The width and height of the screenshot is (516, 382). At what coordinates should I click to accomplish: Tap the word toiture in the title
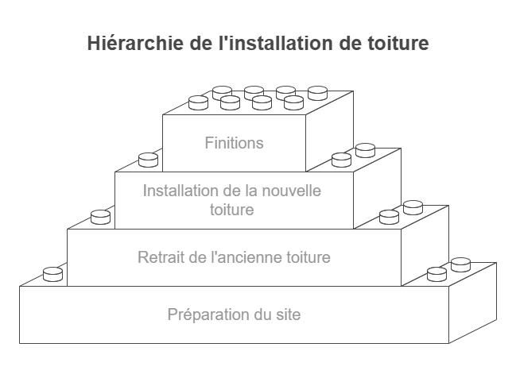[398, 43]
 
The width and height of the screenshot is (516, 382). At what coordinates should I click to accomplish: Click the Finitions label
[234, 144]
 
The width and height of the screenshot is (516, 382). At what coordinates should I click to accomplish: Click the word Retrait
[161, 257]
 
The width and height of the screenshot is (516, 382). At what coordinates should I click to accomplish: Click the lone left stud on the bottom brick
[52, 273]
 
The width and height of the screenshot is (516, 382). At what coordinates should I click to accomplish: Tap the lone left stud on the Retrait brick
[100, 216]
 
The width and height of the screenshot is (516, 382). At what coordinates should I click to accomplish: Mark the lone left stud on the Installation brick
[148, 160]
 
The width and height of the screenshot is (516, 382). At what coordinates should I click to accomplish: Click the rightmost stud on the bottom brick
[461, 264]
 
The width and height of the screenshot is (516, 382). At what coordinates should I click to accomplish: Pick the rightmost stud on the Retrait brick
[413, 207]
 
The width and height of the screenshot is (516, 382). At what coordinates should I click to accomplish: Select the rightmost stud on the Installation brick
[365, 149]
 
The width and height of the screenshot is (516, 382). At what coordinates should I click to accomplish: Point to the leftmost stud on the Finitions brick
[198, 102]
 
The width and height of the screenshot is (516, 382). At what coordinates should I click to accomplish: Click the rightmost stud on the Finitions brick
[317, 93]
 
